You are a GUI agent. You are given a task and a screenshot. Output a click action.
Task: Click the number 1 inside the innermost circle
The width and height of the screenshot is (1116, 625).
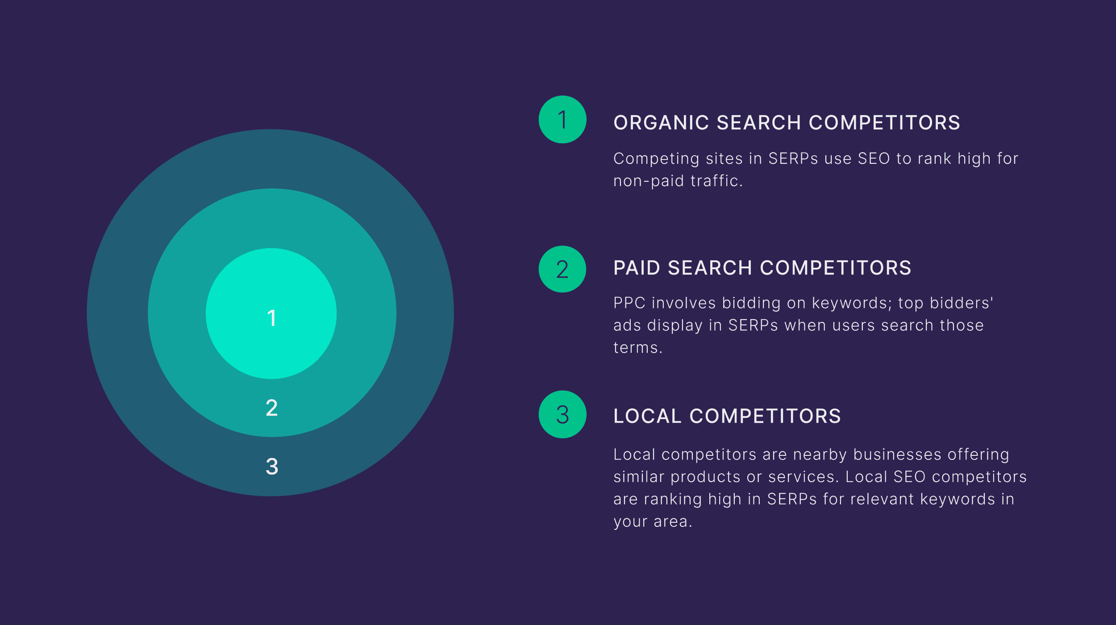(271, 318)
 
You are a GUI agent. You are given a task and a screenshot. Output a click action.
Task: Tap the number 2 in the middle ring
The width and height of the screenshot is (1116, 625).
(271, 408)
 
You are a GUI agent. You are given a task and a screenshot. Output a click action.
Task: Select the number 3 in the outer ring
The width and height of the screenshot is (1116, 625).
(271, 467)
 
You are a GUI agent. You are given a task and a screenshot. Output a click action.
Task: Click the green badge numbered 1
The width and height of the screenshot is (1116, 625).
(562, 120)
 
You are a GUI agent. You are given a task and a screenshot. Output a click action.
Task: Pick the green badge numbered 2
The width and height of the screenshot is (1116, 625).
(562, 269)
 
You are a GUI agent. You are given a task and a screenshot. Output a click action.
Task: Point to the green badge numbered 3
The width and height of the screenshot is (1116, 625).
(562, 414)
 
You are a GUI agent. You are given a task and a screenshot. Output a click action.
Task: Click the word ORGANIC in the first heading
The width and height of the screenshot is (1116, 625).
(661, 123)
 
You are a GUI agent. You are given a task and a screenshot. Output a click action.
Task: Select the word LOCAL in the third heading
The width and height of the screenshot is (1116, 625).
(647, 416)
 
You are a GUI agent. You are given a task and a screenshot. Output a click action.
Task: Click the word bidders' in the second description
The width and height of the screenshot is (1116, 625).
(962, 303)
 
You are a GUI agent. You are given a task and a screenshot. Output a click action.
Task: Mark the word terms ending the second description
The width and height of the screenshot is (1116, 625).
(636, 348)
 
